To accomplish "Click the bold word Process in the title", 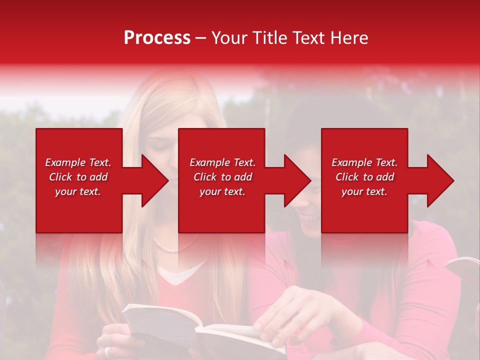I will click(x=157, y=38).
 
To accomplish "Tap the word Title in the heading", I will click(x=267, y=38).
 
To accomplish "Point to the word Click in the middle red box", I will click(x=205, y=177).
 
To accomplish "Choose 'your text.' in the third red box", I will click(x=364, y=191).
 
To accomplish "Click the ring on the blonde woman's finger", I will click(x=107, y=351).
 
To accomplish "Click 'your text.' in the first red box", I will click(x=77, y=191).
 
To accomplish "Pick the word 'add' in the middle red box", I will click(x=243, y=177).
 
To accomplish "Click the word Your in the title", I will click(x=229, y=38).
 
